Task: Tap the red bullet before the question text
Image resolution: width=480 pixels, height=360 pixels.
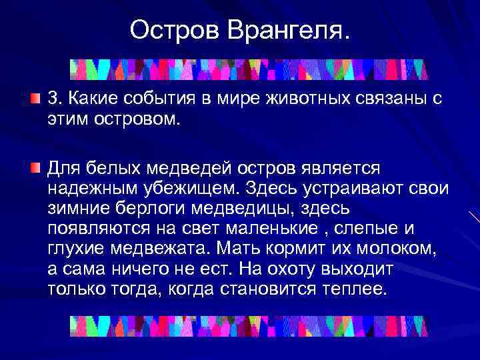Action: click(35, 99)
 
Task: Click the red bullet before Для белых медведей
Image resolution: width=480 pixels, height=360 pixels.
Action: click(35, 165)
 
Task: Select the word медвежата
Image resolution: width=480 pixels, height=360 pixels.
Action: click(161, 249)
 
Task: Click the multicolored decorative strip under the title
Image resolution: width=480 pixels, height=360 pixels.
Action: click(249, 69)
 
